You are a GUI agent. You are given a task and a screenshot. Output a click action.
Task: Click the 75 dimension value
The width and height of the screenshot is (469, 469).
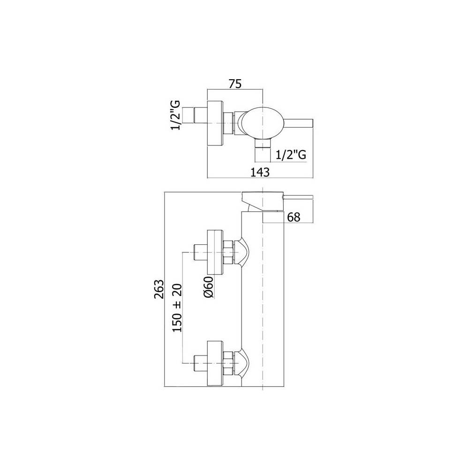click(235, 84)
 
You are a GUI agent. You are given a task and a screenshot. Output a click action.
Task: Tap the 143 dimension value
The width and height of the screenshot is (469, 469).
click(260, 172)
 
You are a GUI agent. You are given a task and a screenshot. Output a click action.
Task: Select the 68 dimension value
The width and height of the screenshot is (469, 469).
click(294, 217)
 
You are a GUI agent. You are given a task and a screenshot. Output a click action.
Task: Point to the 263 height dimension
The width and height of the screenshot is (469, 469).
click(159, 289)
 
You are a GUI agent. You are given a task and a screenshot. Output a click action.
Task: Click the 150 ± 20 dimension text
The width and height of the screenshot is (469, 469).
click(177, 308)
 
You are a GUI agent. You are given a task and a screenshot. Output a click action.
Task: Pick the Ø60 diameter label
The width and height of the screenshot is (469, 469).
click(209, 287)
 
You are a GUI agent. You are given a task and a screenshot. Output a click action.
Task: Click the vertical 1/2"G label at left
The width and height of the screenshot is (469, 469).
click(175, 115)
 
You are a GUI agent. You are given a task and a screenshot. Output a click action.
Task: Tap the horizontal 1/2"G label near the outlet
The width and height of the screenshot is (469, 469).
click(291, 155)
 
